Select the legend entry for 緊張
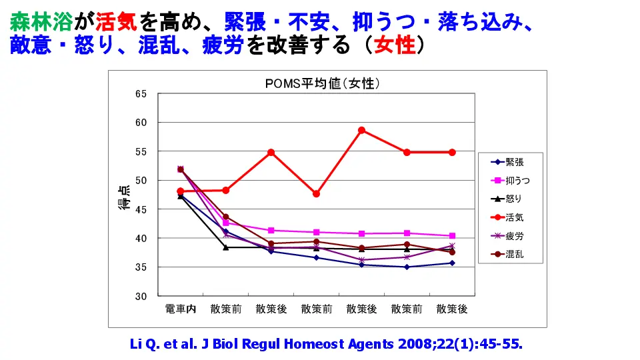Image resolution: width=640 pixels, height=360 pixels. tap(514, 161)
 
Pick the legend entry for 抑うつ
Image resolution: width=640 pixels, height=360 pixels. tap(517, 180)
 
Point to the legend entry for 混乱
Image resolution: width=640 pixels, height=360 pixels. tap(514, 255)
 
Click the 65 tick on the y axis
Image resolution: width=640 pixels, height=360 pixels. tap(141, 93)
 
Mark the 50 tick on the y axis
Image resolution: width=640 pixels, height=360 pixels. tap(141, 180)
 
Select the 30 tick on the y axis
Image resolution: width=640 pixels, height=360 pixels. tap(141, 296)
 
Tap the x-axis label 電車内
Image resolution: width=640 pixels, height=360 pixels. tap(180, 309)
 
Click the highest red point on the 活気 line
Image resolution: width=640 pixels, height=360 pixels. tap(361, 130)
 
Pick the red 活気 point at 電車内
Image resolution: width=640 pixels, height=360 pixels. tap(180, 191)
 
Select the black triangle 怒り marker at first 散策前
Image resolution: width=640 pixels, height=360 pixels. tap(225, 247)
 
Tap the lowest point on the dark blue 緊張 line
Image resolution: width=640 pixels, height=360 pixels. tap(407, 267)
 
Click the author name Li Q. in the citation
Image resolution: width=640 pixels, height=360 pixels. tap(143, 344)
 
